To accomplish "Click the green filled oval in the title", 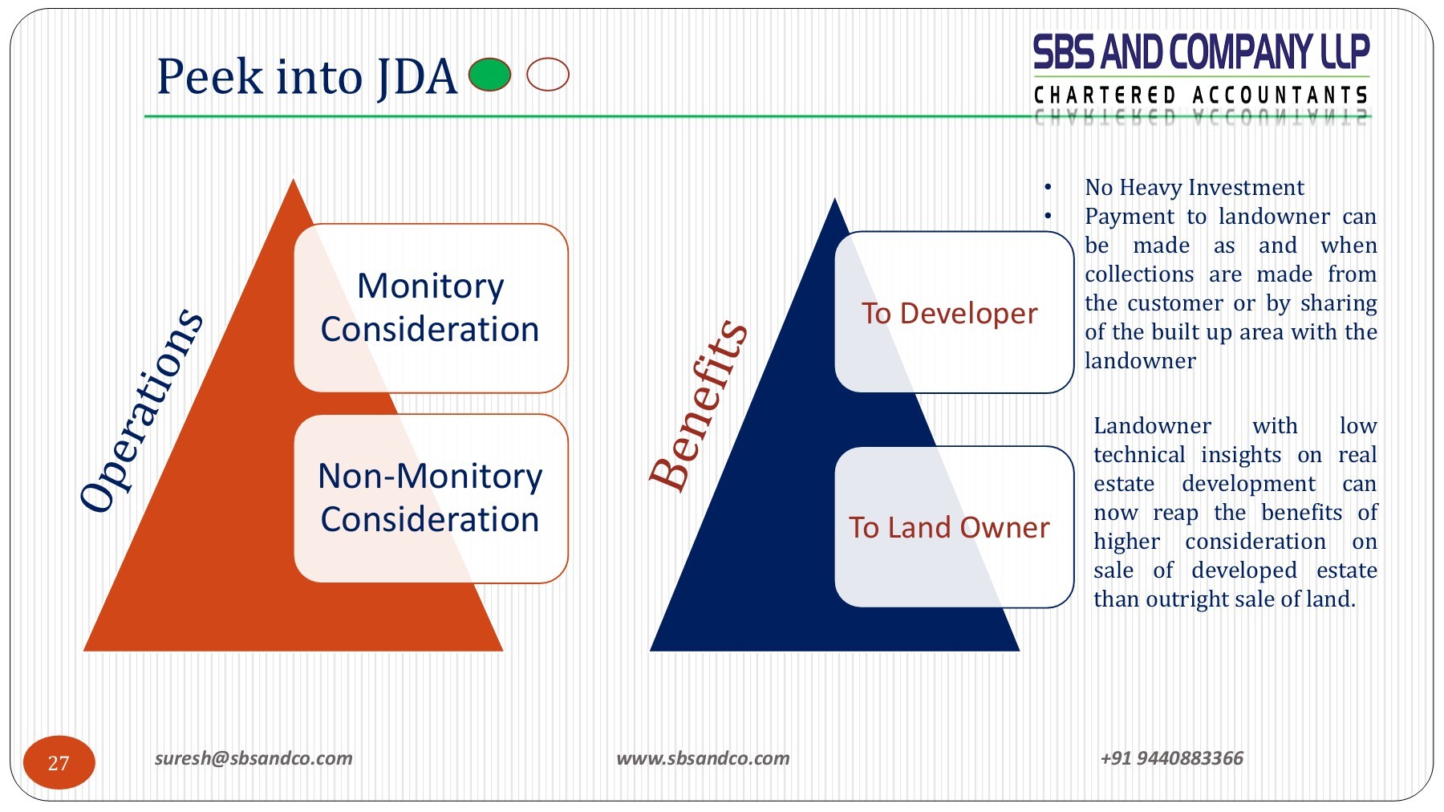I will pos(489,75).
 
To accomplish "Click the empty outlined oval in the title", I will pos(548,75).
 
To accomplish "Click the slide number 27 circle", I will pos(59,762).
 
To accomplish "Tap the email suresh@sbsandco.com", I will pos(254,758).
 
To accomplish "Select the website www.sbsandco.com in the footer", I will pos(703,758).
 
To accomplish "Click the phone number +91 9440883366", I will pos(1171,758).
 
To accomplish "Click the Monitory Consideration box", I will pos(431,308).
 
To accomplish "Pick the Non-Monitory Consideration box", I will pos(431,498).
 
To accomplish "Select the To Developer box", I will pos(953,313).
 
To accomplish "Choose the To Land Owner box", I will pos(953,527).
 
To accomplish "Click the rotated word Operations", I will pos(142,409).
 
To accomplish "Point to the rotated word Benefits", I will pos(698,405).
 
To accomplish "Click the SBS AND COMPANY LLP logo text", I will pos(1200,53).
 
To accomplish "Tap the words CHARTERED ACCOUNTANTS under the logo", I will pos(1200,95).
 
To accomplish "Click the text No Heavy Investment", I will pos(1194,188).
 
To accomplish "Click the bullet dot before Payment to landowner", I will pos(1048,216).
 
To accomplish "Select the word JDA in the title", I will pos(416,77).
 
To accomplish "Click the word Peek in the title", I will pos(209,77).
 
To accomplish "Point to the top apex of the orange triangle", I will pos(294,183).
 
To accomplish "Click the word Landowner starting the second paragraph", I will pos(1152,426).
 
